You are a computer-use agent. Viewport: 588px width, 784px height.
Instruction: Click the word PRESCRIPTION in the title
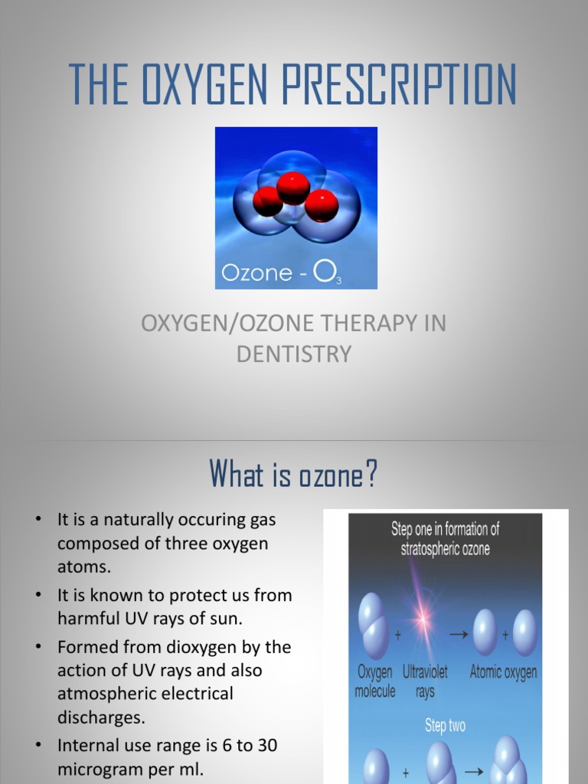pos(399,84)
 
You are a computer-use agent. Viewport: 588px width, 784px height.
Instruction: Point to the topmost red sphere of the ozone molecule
pos(293,188)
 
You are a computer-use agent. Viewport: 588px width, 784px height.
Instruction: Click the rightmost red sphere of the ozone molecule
pos(321,205)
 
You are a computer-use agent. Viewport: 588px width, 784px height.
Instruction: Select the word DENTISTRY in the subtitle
pos(294,354)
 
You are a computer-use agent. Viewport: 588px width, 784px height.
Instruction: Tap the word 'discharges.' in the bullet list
pos(101,717)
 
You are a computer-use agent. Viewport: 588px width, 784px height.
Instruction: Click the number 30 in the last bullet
pos(267,746)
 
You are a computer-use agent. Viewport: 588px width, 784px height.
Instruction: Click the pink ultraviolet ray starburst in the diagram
pos(422,616)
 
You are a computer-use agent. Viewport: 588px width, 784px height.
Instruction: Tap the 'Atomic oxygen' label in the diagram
pos(503,672)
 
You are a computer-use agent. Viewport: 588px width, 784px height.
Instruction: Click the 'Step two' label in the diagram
pos(445,726)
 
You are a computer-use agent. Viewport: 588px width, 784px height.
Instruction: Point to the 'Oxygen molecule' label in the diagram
pos(375,681)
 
